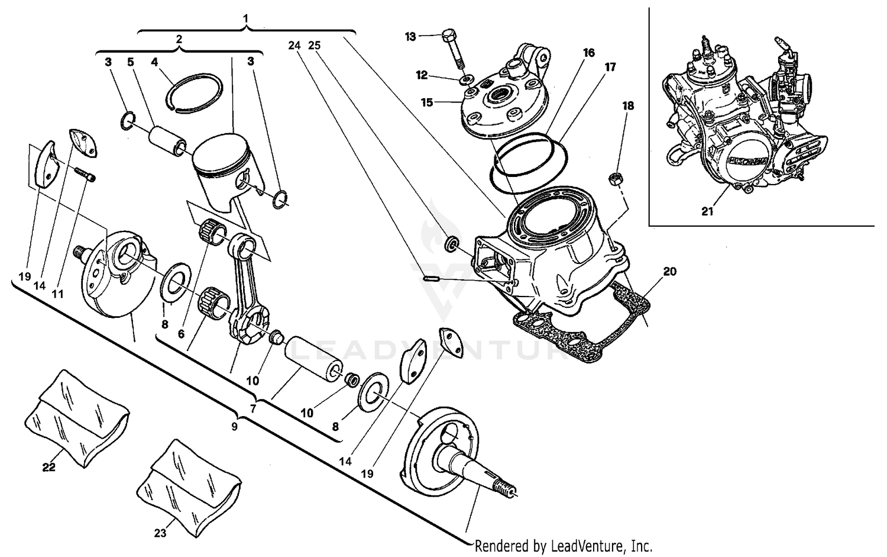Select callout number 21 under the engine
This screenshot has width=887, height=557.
point(707,212)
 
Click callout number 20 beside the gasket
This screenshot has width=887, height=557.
point(669,272)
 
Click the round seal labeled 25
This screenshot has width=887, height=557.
point(451,243)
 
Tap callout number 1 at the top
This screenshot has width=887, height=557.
point(245,18)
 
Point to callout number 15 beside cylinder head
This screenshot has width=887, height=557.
point(427,102)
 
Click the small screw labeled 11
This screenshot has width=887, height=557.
point(85,175)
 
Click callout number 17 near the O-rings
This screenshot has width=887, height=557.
point(610,67)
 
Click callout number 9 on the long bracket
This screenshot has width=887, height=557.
point(234,427)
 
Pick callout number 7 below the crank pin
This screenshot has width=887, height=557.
point(254,408)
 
